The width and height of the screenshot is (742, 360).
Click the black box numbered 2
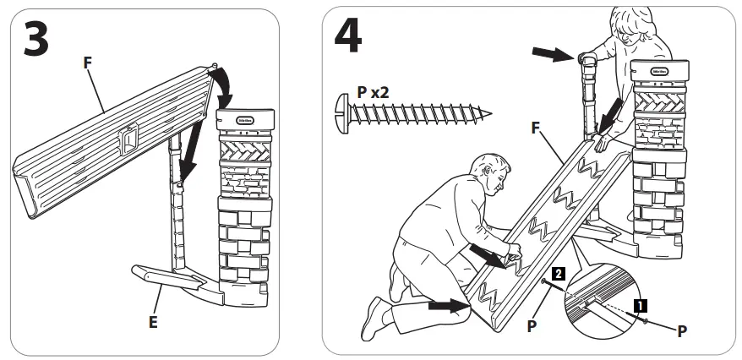[x=558, y=273]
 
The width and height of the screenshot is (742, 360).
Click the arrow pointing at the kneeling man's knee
[x=445, y=305]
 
